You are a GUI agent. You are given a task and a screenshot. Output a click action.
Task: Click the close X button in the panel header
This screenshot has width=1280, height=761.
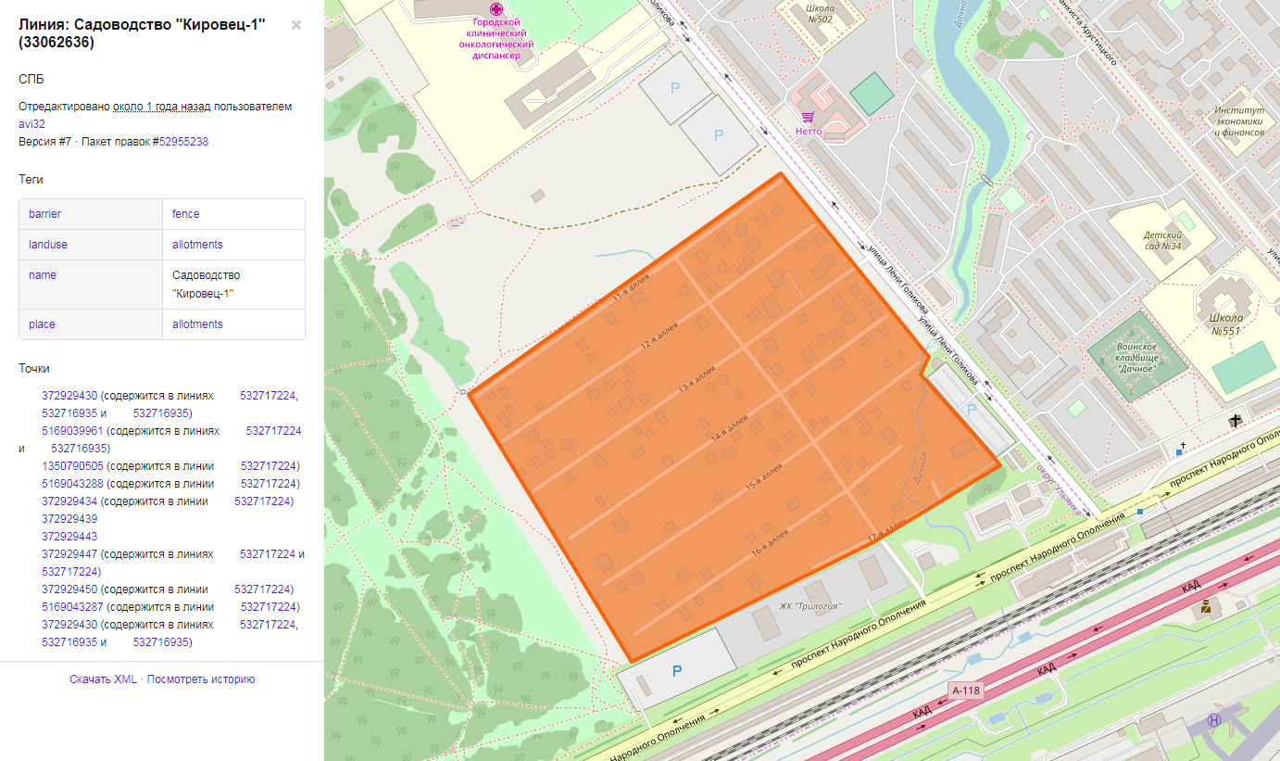coord(296,25)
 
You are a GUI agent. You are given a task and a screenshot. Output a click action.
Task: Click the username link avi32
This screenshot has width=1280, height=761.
coord(32,124)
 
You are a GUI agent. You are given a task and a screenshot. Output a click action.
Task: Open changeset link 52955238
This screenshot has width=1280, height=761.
coord(183,142)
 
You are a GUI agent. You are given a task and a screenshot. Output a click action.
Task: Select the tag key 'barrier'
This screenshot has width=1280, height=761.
coord(44,214)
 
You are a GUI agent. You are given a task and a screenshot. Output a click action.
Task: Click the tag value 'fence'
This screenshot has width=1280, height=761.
coord(186,214)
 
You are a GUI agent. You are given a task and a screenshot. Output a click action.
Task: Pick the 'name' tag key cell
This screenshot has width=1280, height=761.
coord(43,275)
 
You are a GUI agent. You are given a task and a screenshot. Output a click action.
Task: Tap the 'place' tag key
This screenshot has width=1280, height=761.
coord(42,324)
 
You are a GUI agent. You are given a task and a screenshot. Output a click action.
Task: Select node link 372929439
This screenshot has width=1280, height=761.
coord(69,519)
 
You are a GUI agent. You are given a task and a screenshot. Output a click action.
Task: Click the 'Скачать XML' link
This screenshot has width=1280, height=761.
coord(103,679)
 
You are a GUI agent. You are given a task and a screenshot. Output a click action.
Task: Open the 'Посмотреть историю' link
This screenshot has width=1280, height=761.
coord(201,679)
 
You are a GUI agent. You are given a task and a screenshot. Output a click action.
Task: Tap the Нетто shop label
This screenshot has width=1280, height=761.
coord(809,131)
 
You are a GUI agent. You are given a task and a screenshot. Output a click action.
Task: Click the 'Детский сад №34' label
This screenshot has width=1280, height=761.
coord(1162,241)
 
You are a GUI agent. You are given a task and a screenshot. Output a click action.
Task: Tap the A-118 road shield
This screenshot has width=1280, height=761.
coord(964,691)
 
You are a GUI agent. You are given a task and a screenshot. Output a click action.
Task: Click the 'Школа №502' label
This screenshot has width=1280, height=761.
coord(805,13)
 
